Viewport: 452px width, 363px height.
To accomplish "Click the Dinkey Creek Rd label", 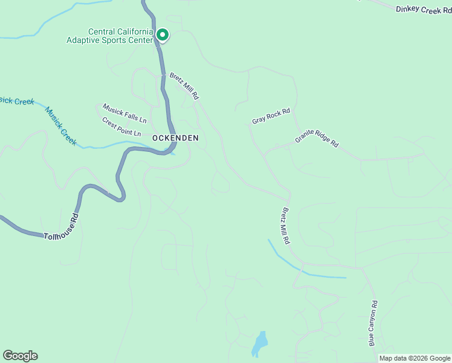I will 424,10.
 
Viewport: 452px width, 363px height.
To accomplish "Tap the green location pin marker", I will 162,35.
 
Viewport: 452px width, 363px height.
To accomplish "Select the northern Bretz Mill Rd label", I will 184,86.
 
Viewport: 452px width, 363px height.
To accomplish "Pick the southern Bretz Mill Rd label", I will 285,226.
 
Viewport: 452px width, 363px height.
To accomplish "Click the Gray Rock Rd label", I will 271,116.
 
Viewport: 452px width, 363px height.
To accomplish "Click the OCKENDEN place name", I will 175,138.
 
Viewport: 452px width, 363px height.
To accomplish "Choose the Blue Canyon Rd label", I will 373,323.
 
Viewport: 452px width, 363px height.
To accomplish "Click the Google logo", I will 20,356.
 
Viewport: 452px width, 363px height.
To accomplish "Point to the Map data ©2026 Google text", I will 415,358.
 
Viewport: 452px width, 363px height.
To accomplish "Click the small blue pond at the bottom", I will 259,344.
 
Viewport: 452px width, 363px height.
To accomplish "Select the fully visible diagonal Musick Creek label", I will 61,126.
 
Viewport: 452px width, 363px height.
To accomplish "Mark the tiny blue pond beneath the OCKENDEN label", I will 173,152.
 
